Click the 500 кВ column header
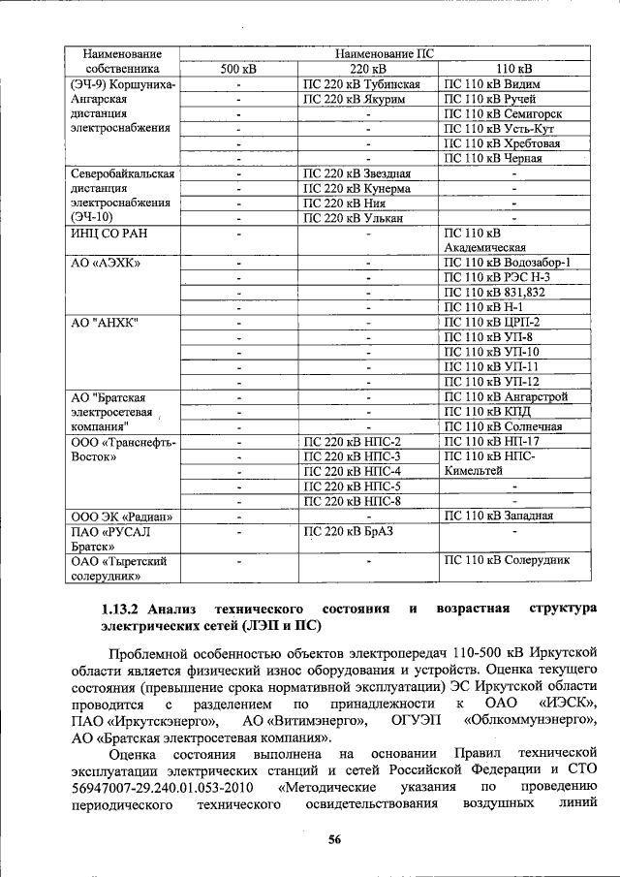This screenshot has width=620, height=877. click(237, 70)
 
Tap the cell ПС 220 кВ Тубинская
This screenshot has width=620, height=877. click(361, 84)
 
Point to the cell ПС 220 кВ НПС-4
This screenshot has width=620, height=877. click(353, 471)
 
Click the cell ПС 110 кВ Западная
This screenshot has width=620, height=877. click(499, 516)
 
